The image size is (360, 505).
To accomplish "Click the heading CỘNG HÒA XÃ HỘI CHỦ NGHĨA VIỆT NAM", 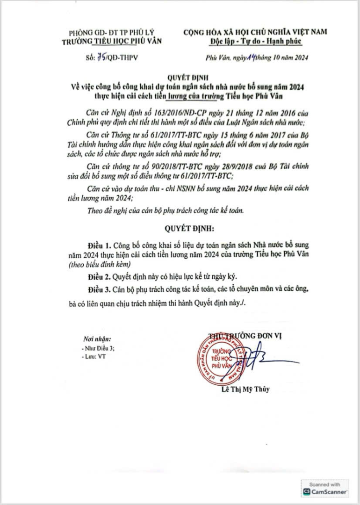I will [255, 32].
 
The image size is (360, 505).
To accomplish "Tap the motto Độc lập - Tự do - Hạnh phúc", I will [255, 41].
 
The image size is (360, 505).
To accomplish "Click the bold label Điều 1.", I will [101, 245].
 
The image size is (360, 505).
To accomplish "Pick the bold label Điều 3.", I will [101, 289].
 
